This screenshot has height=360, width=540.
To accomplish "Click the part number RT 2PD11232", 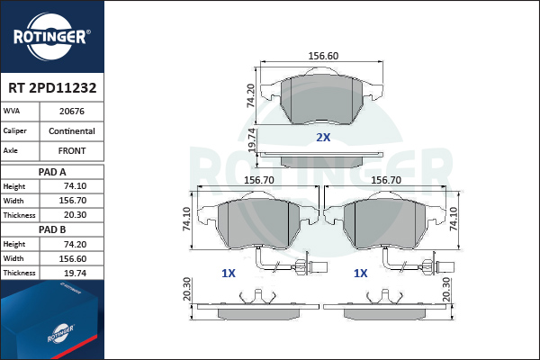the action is [x=52, y=88].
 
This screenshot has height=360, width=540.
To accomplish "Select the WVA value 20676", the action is [x=72, y=112].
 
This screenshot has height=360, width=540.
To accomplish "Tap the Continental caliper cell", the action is [x=72, y=130].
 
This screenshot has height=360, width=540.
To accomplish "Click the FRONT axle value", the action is [x=72, y=151].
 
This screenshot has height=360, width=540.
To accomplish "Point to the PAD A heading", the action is [x=52, y=172].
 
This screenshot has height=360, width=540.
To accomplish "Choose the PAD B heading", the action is [x=52, y=229].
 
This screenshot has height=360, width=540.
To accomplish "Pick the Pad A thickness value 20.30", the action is [x=75, y=215].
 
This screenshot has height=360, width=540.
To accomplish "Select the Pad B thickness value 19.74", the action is [x=75, y=274].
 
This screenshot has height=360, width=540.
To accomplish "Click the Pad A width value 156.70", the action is [x=73, y=201].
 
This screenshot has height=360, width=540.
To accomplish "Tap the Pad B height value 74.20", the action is [x=75, y=244].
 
